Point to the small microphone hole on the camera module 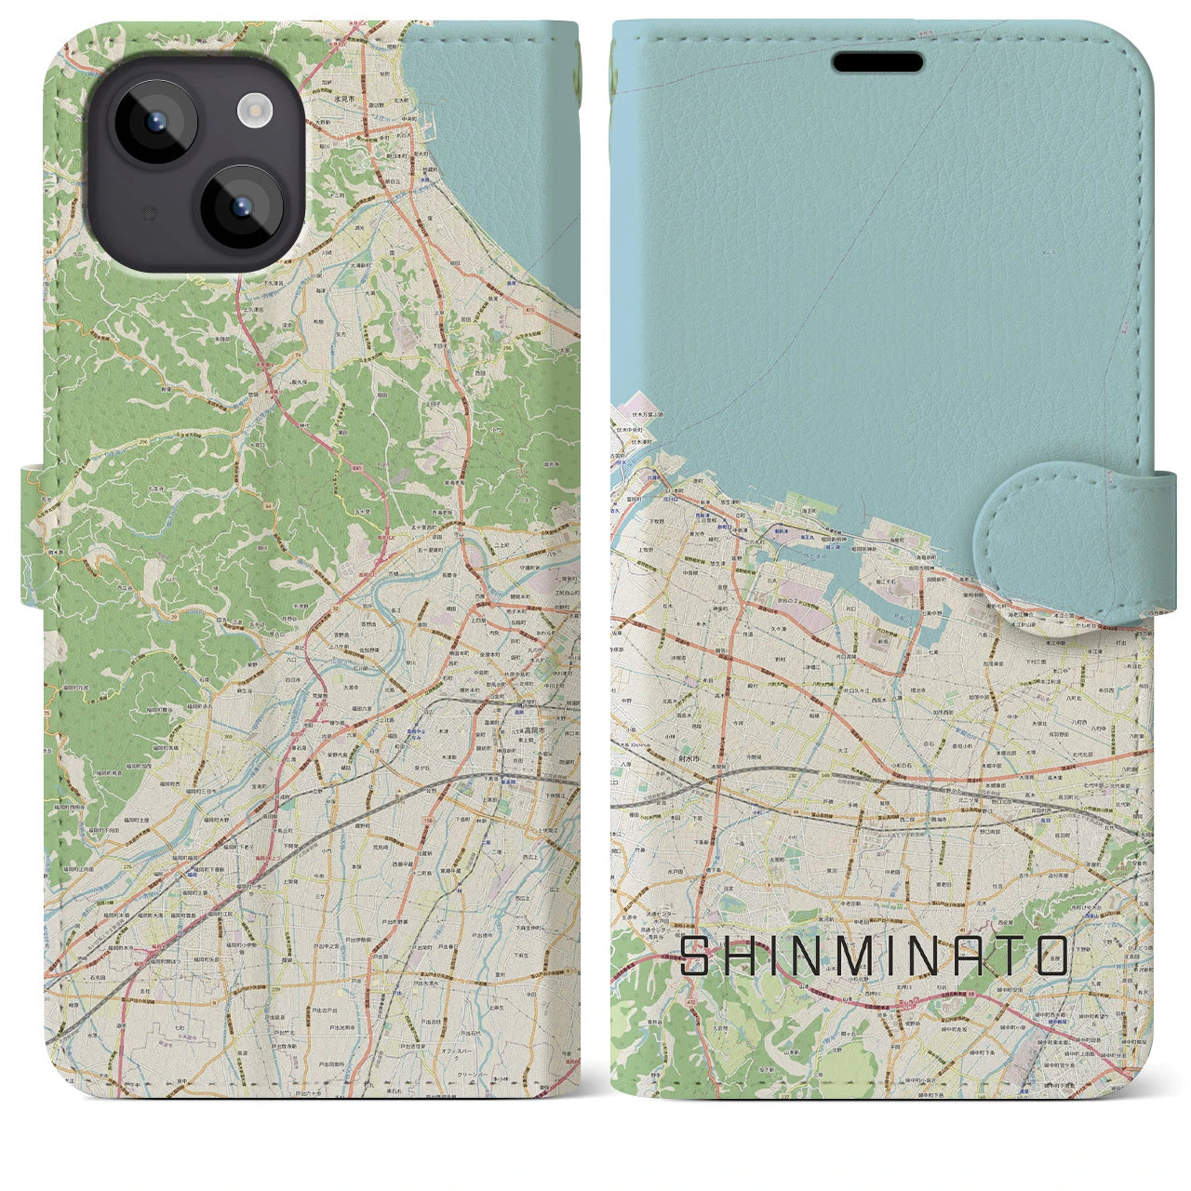(147, 214)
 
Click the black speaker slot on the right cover (877, 62)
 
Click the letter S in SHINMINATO (695, 956)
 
